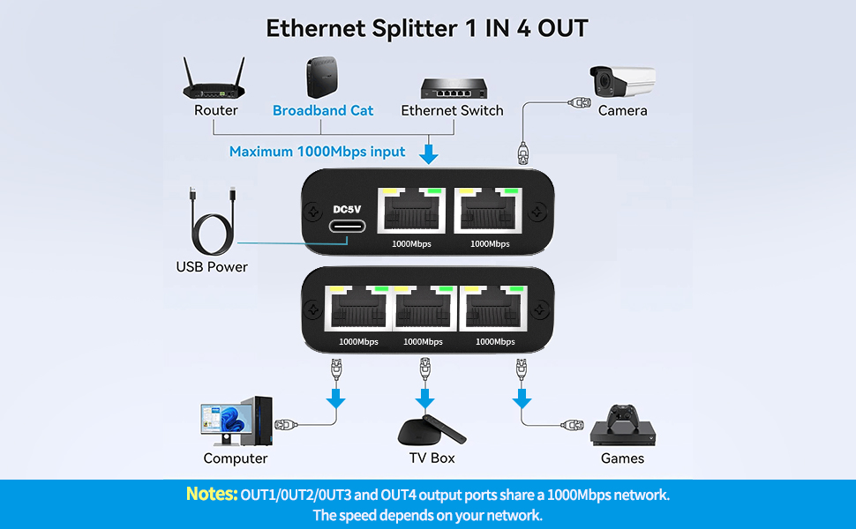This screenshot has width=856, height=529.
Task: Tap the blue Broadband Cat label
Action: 323,110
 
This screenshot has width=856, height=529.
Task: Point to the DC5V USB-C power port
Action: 349,225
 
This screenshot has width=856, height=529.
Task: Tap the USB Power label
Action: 212,266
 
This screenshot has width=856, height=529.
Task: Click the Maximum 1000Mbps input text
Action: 318,152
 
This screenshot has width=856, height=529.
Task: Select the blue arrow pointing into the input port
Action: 430,153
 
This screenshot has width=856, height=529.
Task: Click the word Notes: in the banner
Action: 211,495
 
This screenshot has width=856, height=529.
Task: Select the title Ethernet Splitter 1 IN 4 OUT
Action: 427,28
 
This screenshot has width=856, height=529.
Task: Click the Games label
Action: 622,458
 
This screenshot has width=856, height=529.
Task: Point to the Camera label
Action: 622,110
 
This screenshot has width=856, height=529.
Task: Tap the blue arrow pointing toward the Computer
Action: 335,399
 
